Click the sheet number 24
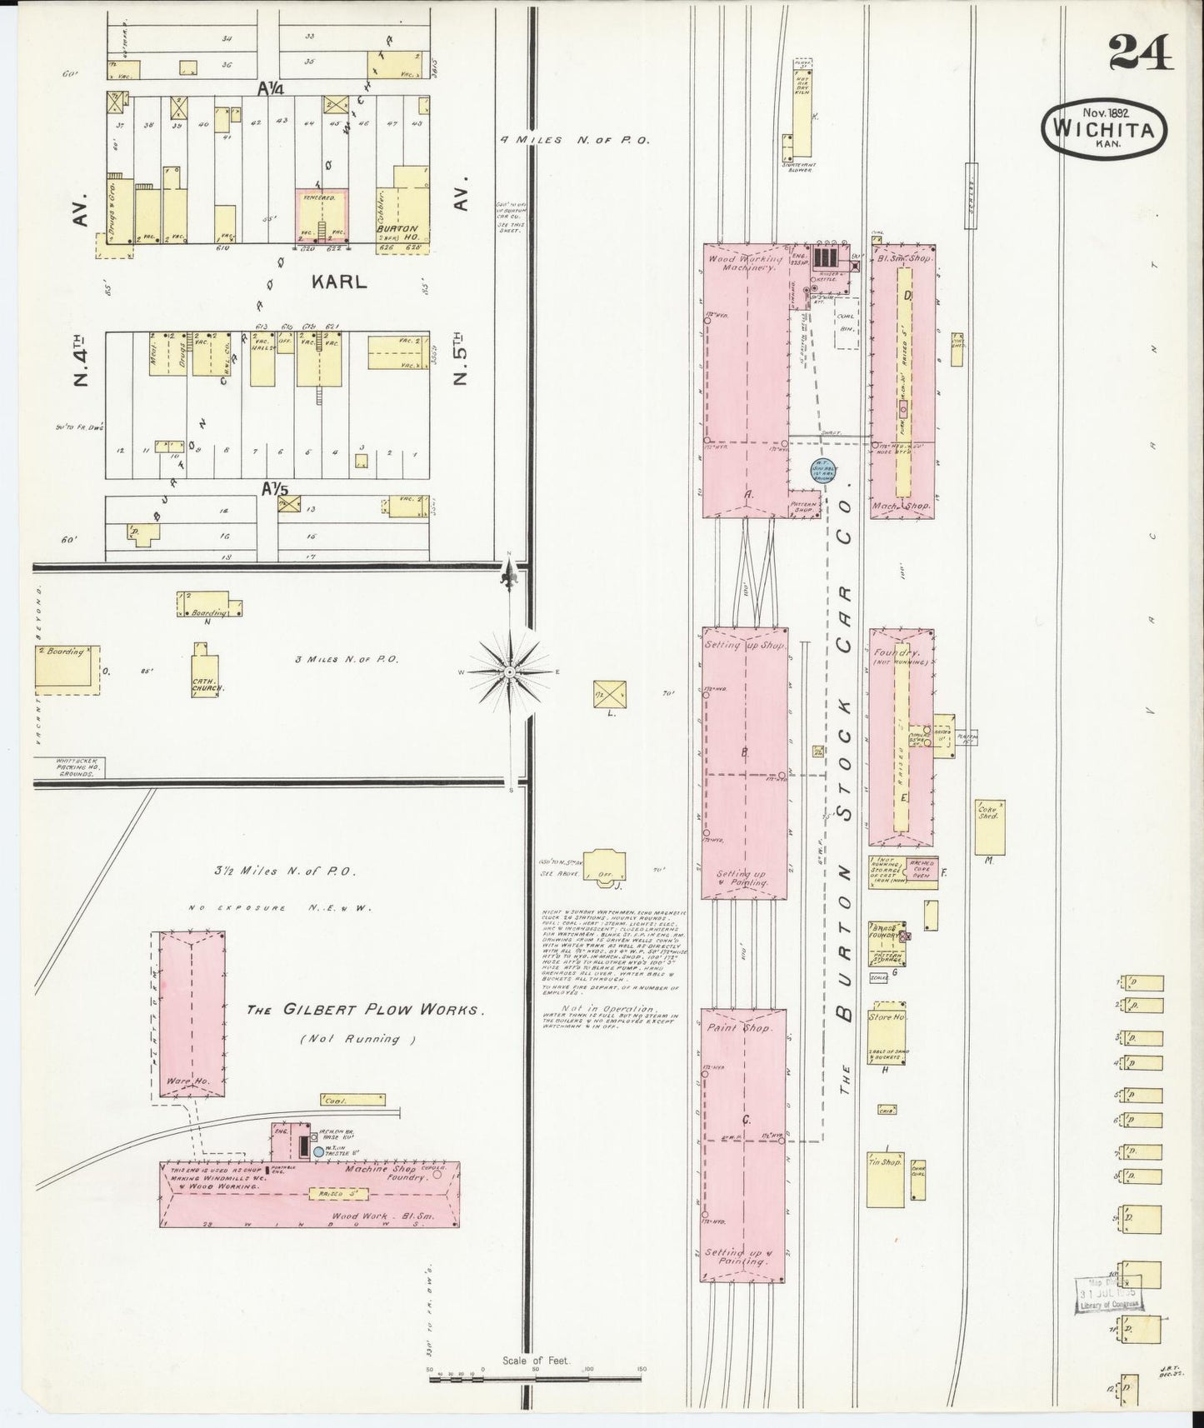[1141, 54]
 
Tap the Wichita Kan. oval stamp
[1104, 129]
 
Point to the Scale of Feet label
[534, 1361]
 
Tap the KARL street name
[339, 282]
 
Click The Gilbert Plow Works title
[364, 1011]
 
